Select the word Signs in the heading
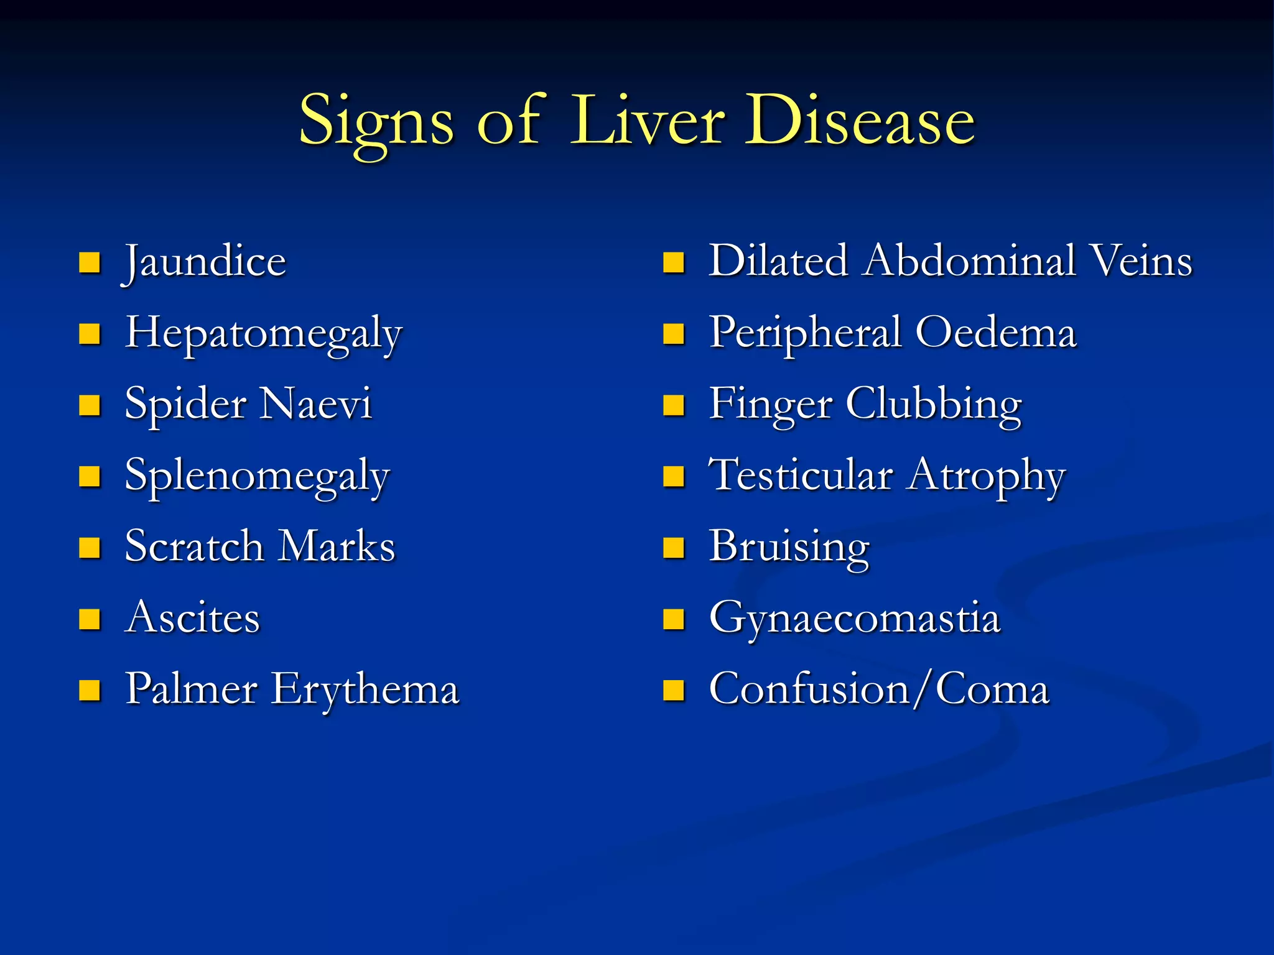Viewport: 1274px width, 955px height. [x=376, y=122]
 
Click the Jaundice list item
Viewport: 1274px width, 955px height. [x=205, y=262]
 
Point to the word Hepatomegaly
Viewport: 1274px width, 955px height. [x=264, y=334]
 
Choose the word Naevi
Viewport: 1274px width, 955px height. [x=316, y=404]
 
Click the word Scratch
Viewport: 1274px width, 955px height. [x=194, y=547]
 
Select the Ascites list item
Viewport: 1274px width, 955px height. [x=192, y=618]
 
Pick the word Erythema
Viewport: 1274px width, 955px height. [x=365, y=690]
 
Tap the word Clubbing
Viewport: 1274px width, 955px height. [x=933, y=405]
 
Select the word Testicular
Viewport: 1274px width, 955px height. [x=801, y=476]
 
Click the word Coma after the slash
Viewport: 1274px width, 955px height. [x=993, y=690]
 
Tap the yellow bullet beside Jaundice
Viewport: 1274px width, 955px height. [x=90, y=263]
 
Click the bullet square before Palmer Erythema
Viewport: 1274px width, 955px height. [x=90, y=691]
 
